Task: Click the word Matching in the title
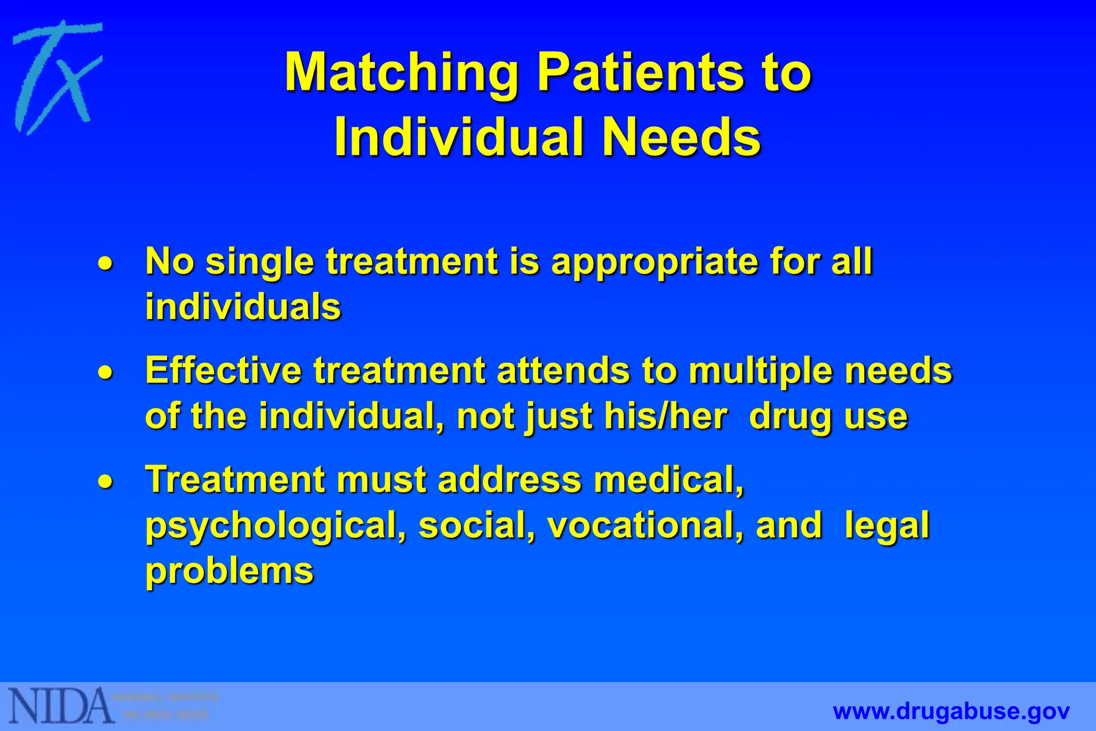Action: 401,73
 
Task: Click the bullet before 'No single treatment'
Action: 105,263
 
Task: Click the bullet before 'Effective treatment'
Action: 105,372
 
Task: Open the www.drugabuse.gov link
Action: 951,712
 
